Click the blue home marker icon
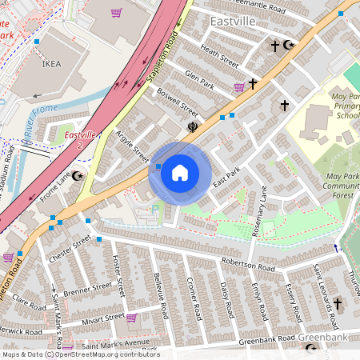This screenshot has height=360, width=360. [x=180, y=173]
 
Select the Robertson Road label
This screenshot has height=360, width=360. [x=249, y=263]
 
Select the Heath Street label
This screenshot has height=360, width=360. [x=219, y=57]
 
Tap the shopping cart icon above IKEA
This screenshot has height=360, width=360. [x=117, y=13]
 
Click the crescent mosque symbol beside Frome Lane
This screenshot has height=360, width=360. [x=78, y=175]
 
